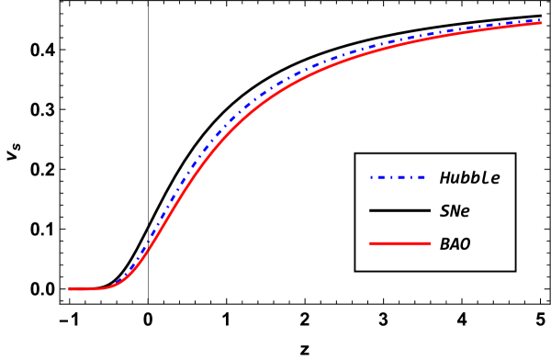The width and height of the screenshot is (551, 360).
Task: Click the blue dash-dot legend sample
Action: (398, 177)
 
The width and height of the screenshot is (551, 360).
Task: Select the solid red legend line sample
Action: (399, 243)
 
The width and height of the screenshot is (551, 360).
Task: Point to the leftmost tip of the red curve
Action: (69, 289)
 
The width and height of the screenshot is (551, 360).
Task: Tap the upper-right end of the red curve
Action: (540, 23)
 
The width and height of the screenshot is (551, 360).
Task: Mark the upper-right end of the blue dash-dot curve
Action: (540, 19)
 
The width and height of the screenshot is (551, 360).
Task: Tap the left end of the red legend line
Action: (370, 243)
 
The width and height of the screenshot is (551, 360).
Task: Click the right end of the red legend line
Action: (430, 243)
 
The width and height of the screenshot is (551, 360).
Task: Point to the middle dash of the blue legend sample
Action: (399, 177)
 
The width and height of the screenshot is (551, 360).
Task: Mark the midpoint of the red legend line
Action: (399, 243)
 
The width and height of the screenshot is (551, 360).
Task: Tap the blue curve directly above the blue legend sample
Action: (398, 42)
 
